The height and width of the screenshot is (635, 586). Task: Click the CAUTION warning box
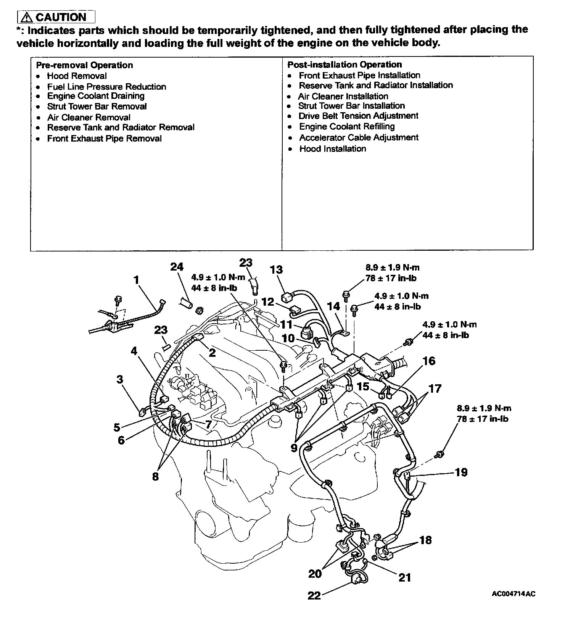[56, 17]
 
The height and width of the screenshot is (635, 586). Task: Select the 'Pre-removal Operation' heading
[84, 65]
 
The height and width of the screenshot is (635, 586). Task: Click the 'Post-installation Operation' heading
[345, 64]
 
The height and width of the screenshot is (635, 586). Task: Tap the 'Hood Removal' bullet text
[77, 76]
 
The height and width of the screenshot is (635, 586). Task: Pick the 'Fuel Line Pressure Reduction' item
[106, 87]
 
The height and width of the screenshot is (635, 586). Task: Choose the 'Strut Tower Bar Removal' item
[97, 106]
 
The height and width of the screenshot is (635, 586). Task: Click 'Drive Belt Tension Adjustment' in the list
[358, 116]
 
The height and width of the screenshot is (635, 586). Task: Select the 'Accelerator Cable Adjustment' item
[359, 137]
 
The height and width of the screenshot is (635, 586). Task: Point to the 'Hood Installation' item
[332, 149]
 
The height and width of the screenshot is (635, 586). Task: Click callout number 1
[136, 280]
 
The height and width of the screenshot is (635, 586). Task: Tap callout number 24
[177, 267]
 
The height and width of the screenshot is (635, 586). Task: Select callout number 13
[276, 269]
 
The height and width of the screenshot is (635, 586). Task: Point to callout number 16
[429, 361]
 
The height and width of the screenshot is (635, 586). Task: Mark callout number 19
[461, 472]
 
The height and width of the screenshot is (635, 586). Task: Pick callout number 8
[155, 477]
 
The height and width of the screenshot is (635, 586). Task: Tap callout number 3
[120, 379]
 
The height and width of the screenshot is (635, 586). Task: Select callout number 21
[404, 577]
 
